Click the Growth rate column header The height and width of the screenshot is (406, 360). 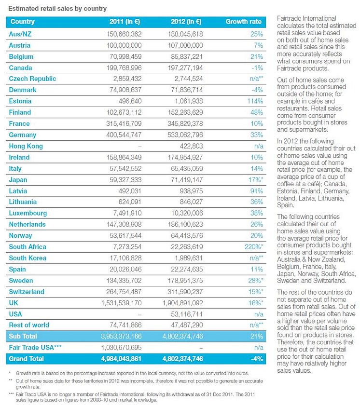click(x=243, y=22)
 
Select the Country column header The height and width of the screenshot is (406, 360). click(x=23, y=22)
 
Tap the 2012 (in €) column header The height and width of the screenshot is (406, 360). click(x=186, y=22)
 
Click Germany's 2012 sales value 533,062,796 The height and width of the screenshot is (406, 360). click(x=185, y=135)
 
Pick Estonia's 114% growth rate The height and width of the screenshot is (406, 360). click(x=255, y=101)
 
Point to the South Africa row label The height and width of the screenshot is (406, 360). click(x=28, y=247)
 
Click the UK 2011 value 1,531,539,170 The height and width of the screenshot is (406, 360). click(x=121, y=303)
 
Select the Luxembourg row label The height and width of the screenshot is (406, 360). click(x=28, y=213)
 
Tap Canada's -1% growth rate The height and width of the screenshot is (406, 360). click(x=257, y=68)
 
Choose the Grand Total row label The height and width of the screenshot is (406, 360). click(x=26, y=359)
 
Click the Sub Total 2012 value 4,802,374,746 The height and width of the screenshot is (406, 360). click(x=183, y=337)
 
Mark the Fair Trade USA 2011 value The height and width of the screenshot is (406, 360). click(x=121, y=348)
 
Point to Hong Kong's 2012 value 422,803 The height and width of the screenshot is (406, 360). click(x=191, y=146)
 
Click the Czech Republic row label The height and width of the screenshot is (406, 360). click(x=32, y=79)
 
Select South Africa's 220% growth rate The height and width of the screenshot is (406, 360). click(x=254, y=247)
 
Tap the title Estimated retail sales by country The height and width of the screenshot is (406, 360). click(x=57, y=9)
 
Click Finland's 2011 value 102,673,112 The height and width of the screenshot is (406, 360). click(x=124, y=112)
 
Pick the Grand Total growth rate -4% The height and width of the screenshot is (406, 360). click(x=257, y=359)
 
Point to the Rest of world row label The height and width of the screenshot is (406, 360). click(x=29, y=325)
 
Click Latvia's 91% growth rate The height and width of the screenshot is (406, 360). click(x=257, y=191)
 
